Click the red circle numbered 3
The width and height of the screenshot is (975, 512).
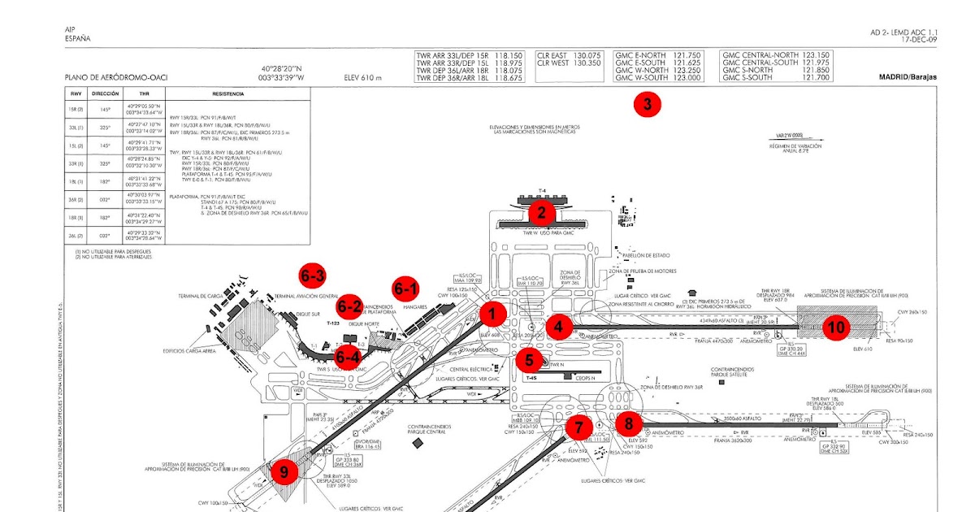[x=647, y=104]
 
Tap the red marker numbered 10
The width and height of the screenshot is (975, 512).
[x=835, y=327]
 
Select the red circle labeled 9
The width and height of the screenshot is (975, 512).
[x=284, y=471]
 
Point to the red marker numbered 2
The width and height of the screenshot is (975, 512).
[x=541, y=213]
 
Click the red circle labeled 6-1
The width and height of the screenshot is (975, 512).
[x=406, y=288]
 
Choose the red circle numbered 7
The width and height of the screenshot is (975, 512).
[x=578, y=426]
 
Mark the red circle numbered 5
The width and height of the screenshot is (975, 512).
[x=529, y=358]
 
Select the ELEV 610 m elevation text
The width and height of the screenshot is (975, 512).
[x=362, y=78]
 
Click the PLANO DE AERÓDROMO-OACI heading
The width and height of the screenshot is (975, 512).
[x=116, y=78]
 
